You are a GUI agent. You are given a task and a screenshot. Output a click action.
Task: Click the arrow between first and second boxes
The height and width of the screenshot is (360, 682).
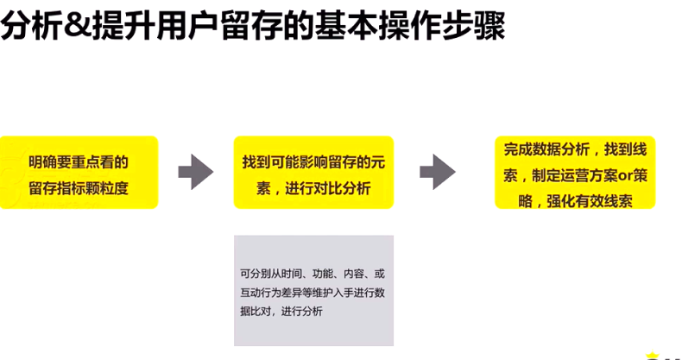click(x=195, y=172)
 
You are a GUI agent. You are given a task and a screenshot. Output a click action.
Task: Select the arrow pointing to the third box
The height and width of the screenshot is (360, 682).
click(x=438, y=172)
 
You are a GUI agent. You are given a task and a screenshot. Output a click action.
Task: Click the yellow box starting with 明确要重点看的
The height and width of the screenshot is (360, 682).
click(x=79, y=172)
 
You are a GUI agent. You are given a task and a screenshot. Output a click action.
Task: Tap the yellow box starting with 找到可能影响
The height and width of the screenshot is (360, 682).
click(x=313, y=172)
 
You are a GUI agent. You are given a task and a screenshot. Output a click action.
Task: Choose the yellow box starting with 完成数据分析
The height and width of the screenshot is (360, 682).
click(x=575, y=172)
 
